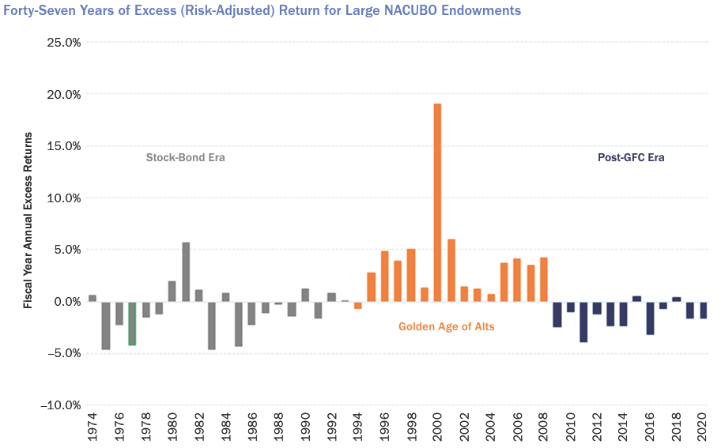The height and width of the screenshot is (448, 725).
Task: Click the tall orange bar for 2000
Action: [437, 202]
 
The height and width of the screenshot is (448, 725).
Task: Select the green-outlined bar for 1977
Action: [132, 323]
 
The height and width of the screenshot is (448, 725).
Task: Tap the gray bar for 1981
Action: [186, 272]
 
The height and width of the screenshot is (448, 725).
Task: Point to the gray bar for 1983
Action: [212, 325]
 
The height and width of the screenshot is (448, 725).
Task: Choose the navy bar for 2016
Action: [650, 318]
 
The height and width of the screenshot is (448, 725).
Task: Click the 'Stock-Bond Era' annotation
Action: [185, 157]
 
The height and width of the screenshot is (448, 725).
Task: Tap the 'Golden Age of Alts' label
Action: [446, 326]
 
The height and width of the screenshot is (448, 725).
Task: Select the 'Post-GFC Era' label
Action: [630, 157]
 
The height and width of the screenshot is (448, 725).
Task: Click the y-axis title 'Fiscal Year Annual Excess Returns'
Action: [28, 220]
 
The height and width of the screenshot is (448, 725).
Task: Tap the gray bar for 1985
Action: [238, 323]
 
